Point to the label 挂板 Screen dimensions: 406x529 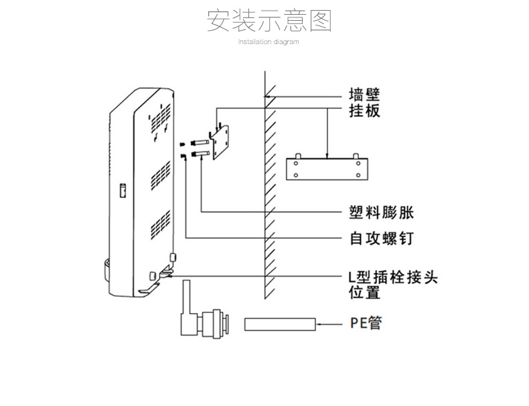364,110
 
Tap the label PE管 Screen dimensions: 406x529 366,323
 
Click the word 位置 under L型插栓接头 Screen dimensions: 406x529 364,292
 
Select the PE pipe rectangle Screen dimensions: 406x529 279,324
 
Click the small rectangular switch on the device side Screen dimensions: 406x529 123,191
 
